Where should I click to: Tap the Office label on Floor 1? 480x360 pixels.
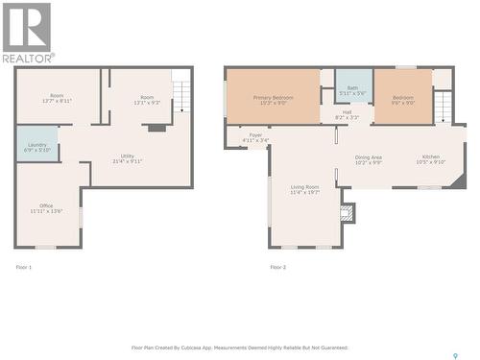click(45, 207)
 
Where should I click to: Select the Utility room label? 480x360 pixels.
click(127, 158)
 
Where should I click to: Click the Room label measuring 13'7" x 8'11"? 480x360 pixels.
click(58, 98)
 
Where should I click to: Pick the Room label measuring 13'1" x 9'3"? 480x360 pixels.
click(146, 98)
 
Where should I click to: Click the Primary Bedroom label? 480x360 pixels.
click(273, 99)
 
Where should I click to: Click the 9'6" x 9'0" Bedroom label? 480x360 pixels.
click(401, 99)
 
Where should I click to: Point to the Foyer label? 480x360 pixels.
click(255, 137)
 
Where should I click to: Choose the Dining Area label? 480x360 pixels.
click(369, 159)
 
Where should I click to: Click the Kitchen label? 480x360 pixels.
click(431, 159)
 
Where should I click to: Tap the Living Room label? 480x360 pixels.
click(305, 189)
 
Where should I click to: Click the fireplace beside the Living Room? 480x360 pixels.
click(348, 212)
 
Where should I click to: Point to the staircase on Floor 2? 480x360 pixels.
click(442, 105)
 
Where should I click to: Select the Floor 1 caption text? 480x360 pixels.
click(24, 266)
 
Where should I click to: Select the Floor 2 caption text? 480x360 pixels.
click(277, 266)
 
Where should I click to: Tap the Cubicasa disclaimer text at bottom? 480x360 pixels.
click(239, 348)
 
